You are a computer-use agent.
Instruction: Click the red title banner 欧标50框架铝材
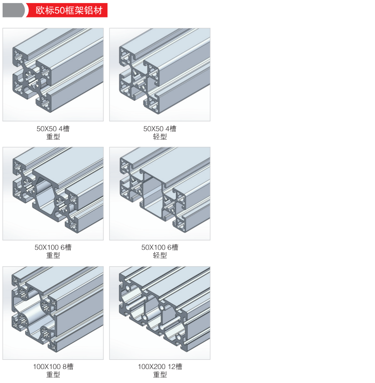pyautogui.click(x=67, y=10)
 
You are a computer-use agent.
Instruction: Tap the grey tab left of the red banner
pyautogui.click(x=13, y=10)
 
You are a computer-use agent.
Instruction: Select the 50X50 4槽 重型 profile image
pyautogui.click(x=53, y=74)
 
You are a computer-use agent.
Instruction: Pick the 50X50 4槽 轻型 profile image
pyautogui.click(x=160, y=74)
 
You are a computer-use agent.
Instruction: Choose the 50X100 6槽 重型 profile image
pyautogui.click(x=53, y=193)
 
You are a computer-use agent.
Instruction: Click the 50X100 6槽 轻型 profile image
pyautogui.click(x=160, y=193)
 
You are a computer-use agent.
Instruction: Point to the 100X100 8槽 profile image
pyautogui.click(x=53, y=313)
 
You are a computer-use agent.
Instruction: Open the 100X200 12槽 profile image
pyautogui.click(x=160, y=313)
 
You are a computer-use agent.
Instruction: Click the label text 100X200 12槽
pyautogui.click(x=160, y=366)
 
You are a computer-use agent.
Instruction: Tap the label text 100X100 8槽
pyautogui.click(x=53, y=366)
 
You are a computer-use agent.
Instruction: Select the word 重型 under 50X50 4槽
pyautogui.click(x=53, y=136)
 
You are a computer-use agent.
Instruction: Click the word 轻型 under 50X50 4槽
pyautogui.click(x=160, y=136)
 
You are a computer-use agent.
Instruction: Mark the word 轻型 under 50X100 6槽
pyautogui.click(x=160, y=255)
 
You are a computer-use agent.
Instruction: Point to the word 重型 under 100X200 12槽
pyautogui.click(x=160, y=374)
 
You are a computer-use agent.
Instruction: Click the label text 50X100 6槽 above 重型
pyautogui.click(x=53, y=247)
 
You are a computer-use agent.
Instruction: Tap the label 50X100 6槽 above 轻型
pyautogui.click(x=160, y=247)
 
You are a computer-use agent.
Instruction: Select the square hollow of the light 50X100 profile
pyautogui.click(x=152, y=193)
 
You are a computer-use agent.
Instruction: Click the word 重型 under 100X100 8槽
pyautogui.click(x=53, y=374)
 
